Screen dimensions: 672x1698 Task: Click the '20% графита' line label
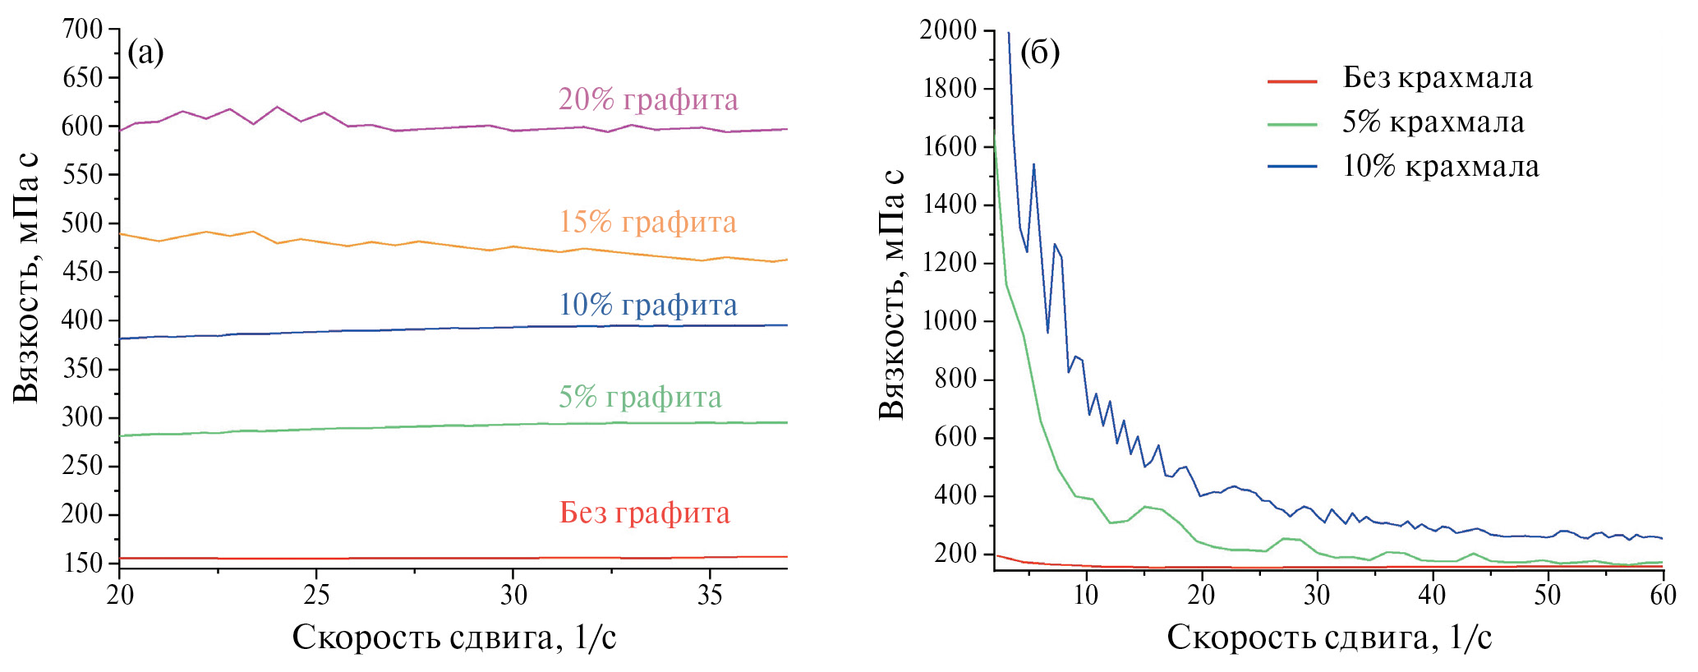(x=648, y=100)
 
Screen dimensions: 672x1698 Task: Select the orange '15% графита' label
(x=648, y=223)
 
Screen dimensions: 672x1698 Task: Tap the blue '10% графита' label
(x=648, y=306)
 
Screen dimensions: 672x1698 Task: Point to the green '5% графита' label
(x=640, y=398)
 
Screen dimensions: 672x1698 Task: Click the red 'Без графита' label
(x=645, y=513)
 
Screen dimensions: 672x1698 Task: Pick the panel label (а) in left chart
(x=146, y=53)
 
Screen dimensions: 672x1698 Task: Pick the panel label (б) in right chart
(x=1039, y=53)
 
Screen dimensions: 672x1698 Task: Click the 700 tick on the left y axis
(x=83, y=30)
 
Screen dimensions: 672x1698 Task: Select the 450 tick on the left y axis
(x=83, y=272)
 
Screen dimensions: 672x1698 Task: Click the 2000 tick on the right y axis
(x=948, y=30)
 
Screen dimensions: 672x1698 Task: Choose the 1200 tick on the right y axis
(x=948, y=263)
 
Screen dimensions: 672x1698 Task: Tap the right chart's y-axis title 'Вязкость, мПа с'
(x=892, y=294)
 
